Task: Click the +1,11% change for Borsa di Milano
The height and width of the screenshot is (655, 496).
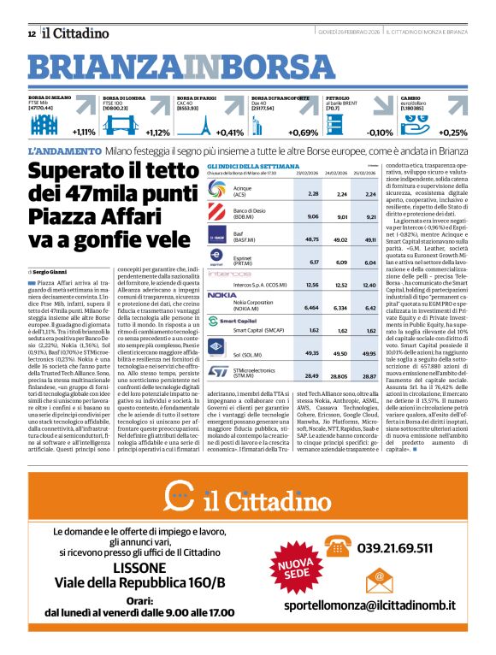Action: (84, 133)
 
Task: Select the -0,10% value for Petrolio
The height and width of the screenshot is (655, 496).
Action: (379, 133)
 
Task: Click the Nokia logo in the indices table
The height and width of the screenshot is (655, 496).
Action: (222, 294)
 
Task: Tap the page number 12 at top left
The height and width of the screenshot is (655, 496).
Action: (31, 33)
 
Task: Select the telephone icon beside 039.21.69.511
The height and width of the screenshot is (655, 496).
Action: (338, 547)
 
